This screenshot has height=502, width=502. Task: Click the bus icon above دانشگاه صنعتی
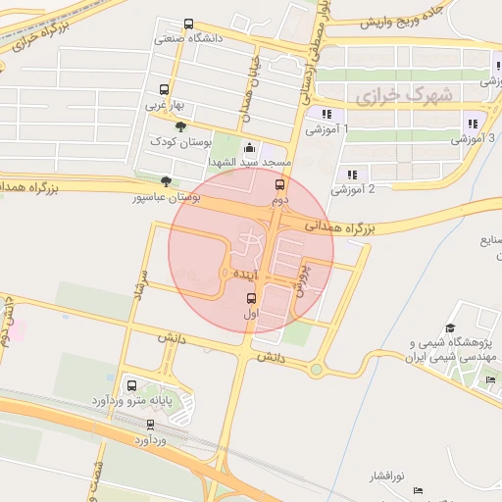(188, 25)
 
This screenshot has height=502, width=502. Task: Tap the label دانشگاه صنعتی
(190, 40)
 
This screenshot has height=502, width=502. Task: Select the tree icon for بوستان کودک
(179, 126)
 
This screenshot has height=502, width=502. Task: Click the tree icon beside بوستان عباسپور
(165, 181)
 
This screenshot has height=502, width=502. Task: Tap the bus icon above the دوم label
(279, 183)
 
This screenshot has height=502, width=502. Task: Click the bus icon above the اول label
(250, 298)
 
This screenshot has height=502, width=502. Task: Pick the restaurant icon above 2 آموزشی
(351, 175)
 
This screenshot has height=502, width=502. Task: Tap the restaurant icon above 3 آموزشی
(473, 125)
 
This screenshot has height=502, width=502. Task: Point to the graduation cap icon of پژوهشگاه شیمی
(450, 328)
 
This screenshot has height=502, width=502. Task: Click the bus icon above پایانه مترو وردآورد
(132, 385)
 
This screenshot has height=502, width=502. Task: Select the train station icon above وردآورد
(150, 425)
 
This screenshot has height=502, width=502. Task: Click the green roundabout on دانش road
(316, 370)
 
